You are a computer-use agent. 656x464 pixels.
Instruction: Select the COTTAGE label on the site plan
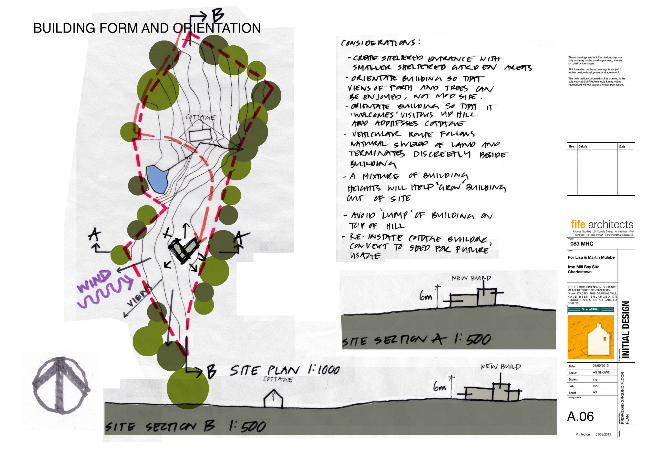(x=201, y=117)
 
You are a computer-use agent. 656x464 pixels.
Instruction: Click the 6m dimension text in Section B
(x=440, y=387)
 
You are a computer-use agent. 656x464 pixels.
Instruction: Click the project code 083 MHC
(x=582, y=244)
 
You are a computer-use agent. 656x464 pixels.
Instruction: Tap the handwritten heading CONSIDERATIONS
(x=380, y=43)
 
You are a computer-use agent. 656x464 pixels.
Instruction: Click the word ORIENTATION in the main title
(x=217, y=28)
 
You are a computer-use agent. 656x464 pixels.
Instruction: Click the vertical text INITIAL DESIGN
(x=626, y=329)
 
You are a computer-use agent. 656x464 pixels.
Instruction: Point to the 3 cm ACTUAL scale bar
(x=590, y=309)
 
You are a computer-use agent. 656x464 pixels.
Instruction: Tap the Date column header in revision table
(x=622, y=146)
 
